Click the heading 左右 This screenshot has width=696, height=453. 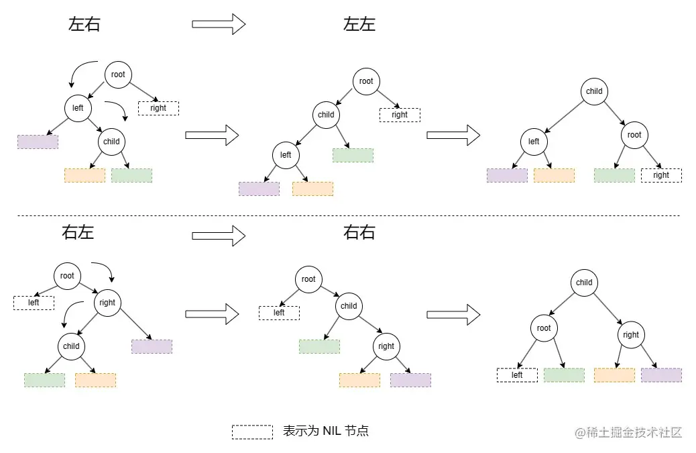pos(84,25)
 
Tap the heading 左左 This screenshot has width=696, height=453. pos(359,25)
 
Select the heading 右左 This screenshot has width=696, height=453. pos(78,233)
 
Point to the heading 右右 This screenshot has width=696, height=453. pos(359,233)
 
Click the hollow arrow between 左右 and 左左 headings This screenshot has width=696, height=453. pos(219,25)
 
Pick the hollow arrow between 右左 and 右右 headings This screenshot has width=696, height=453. pos(219,236)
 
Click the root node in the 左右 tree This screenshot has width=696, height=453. pos(118,74)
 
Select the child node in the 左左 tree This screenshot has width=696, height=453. pos(326,115)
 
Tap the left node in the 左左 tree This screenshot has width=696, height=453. pos(286,155)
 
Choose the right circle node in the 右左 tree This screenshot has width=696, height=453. pos(107,303)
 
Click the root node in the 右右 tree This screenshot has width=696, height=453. pos(308,279)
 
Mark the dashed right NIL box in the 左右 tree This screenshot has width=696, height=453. pos(158,108)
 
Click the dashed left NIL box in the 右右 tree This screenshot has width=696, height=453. pos(279,313)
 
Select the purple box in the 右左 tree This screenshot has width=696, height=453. pos(152,346)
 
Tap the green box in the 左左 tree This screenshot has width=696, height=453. pos(353,155)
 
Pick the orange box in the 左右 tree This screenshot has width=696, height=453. pos(84,175)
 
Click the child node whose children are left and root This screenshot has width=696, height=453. pos(594,92)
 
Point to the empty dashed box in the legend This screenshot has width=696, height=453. pos(252,432)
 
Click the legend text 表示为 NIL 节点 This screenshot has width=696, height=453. pos(326,431)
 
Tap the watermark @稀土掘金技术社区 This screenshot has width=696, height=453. pos(628,432)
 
